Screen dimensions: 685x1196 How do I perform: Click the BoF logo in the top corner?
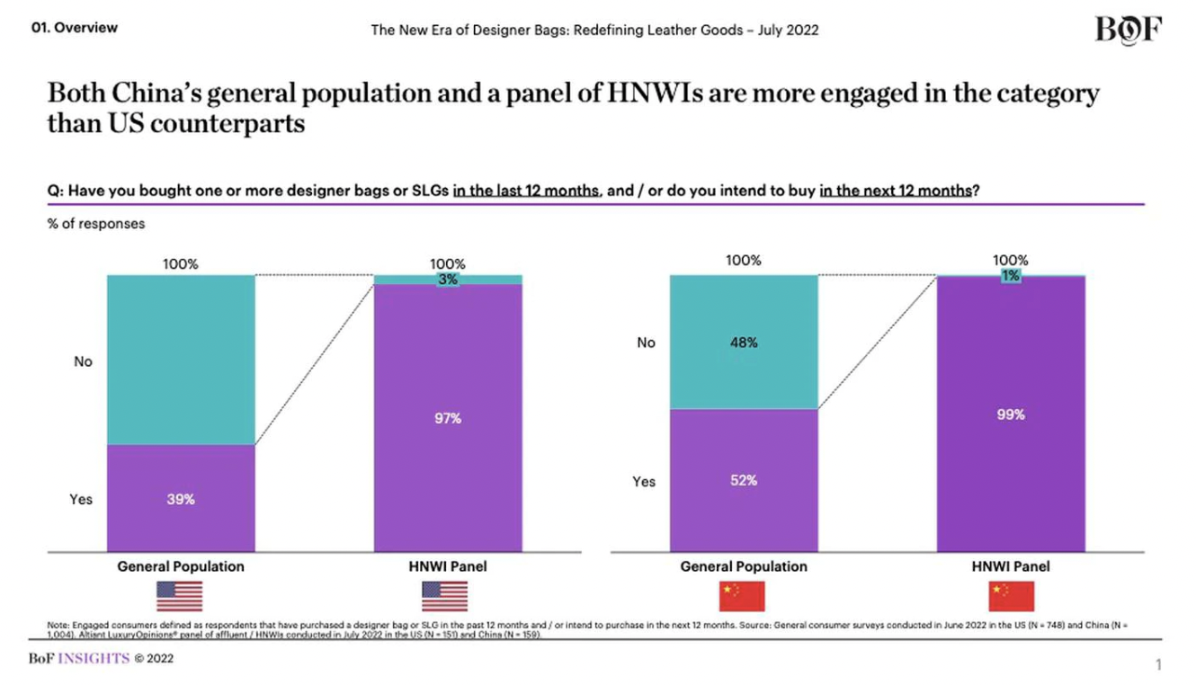coord(1128,30)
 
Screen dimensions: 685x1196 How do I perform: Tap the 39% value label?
coord(181,499)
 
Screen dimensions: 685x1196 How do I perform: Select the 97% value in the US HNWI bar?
coord(448,418)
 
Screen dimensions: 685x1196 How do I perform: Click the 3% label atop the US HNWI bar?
coord(448,280)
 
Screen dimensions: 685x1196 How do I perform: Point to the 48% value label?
coord(744,342)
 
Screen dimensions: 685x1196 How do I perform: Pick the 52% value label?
coord(744,481)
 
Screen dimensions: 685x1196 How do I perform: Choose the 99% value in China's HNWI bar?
coord(1011,414)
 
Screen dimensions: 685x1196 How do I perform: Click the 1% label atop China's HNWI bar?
coord(1011,277)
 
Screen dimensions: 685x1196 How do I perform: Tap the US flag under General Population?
coord(180,596)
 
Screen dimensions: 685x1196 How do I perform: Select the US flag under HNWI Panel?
coord(445,596)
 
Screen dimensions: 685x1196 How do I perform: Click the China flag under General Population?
coord(742,596)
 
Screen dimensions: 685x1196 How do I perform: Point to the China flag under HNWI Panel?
coord(1012,596)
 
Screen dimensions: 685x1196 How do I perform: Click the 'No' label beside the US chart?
coord(83,361)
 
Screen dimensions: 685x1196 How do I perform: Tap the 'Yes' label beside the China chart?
coord(644,482)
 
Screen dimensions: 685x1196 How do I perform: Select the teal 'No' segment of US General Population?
coord(181,360)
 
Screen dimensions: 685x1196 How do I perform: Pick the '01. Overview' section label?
coord(74,28)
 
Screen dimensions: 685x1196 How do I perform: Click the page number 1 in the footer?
coord(1159,664)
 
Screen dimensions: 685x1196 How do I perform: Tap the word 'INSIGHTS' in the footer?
coord(94,658)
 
